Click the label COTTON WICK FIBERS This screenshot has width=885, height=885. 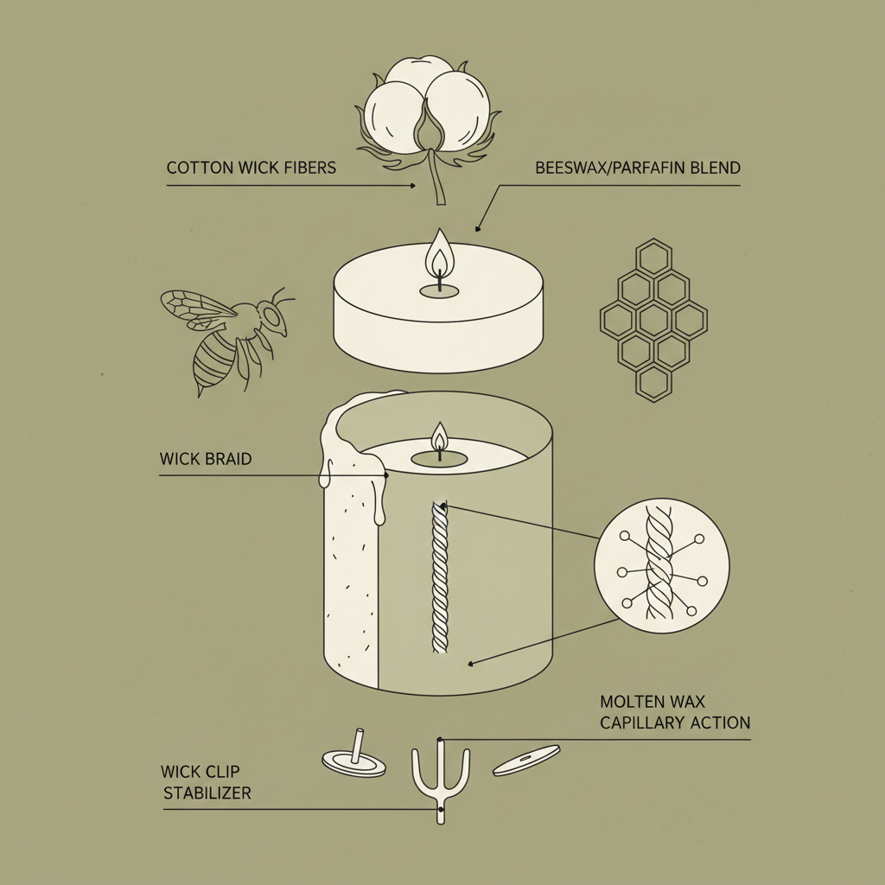coord(251,167)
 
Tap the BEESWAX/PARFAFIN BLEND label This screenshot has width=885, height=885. coord(638,168)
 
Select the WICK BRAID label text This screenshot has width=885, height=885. coord(206,459)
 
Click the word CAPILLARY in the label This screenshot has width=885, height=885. coord(646,723)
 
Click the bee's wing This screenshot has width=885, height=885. coord(194,307)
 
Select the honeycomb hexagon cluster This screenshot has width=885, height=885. coord(653,321)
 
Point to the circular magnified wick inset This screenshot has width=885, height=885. coord(661,566)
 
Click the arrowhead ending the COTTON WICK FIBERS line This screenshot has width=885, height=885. coord(413,186)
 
